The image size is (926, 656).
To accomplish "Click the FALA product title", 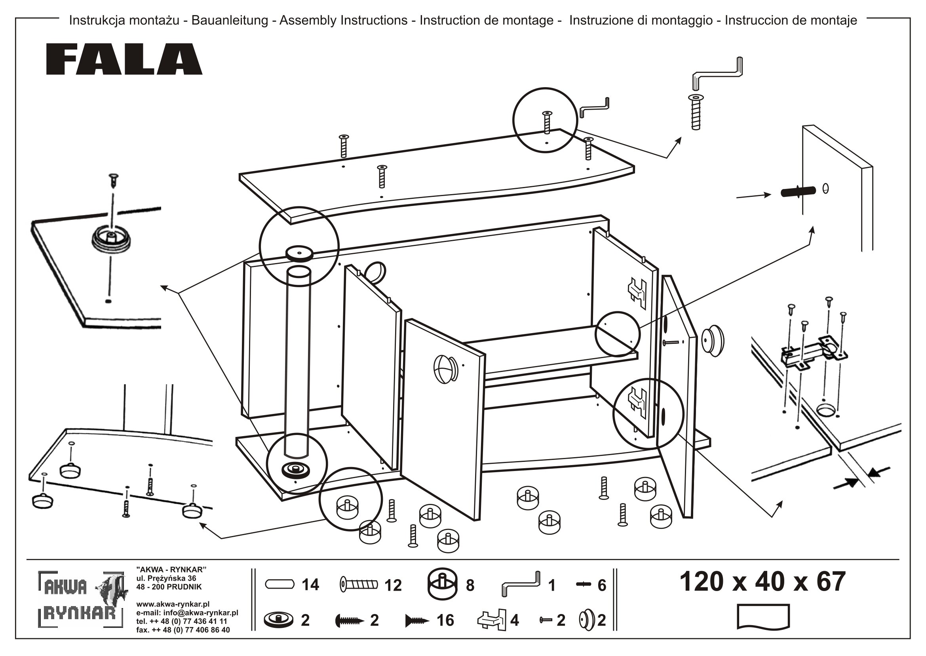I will point(124,59).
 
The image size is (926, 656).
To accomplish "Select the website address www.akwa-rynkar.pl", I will point(173,604).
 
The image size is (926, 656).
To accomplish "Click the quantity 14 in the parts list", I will point(310,585).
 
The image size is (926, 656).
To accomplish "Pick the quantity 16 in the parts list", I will point(445,620).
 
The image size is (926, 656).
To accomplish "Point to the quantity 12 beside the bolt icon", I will point(393,585).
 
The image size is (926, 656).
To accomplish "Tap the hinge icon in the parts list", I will point(492,620).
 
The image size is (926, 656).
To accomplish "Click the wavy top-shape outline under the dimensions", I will point(763,616).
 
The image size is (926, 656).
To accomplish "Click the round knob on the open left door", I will point(445,368).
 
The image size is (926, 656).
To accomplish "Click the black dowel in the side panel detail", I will point(798,191).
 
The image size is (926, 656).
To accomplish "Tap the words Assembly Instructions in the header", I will point(343,20).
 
